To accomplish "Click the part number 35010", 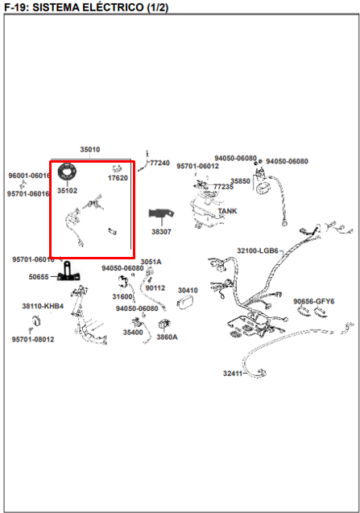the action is tap(90, 150).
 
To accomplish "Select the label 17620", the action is tap(118, 178).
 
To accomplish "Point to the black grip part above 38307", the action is tap(161, 213).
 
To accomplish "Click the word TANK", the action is tap(227, 211).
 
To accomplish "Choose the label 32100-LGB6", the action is tap(258, 251).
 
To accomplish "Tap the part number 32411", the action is tap(233, 374).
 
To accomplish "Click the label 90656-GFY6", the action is tap(314, 301).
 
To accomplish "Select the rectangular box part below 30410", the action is tap(185, 302).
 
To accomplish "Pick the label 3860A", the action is tap(167, 337).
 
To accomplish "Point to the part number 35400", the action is tap(133, 333).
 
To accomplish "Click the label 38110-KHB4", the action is tap(43, 306).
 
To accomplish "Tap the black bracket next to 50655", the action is tap(68, 271).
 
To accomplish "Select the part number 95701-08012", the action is tap(33, 339).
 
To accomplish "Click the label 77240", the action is tap(159, 163).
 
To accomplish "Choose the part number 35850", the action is tap(240, 181).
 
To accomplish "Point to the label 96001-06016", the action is tap(30, 176).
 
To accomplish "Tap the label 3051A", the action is tap(151, 262).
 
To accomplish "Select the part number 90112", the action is tap(155, 288).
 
